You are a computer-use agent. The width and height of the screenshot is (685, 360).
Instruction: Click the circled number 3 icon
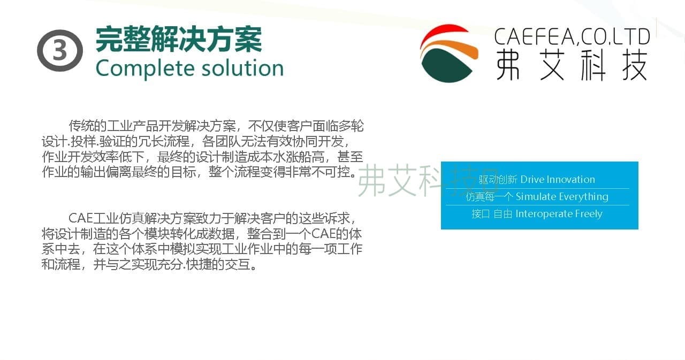pyautogui.click(x=60, y=51)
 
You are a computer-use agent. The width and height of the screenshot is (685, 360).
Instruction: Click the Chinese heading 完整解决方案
pyautogui.click(x=179, y=40)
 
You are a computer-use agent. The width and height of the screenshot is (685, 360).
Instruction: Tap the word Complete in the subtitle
pyautogui.click(x=145, y=69)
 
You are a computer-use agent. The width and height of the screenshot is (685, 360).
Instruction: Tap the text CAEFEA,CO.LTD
pyautogui.click(x=572, y=37)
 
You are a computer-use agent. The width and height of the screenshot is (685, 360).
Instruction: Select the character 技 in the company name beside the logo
pyautogui.click(x=635, y=65)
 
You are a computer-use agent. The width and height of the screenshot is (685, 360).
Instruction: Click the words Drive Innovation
pyautogui.click(x=558, y=179)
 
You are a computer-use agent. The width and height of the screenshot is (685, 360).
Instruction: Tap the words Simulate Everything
pyautogui.click(x=562, y=196)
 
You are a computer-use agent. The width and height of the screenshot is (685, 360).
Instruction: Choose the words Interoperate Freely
pyautogui.click(x=559, y=213)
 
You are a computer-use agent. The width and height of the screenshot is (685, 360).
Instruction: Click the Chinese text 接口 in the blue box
pyautogui.click(x=481, y=214)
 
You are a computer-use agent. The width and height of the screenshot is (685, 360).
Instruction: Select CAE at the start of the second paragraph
pyautogui.click(x=80, y=218)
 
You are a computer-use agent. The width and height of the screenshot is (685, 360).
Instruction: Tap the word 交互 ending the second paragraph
pyautogui.click(x=237, y=264)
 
